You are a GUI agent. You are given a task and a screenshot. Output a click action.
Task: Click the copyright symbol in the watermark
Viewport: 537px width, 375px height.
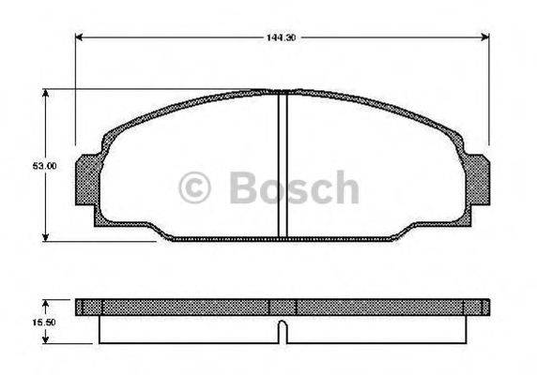pos(198,187)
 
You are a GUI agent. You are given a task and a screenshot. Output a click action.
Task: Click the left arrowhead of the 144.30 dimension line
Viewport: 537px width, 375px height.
pos(79,38)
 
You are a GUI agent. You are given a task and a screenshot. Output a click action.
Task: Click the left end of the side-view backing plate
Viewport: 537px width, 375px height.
pos(81,306)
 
